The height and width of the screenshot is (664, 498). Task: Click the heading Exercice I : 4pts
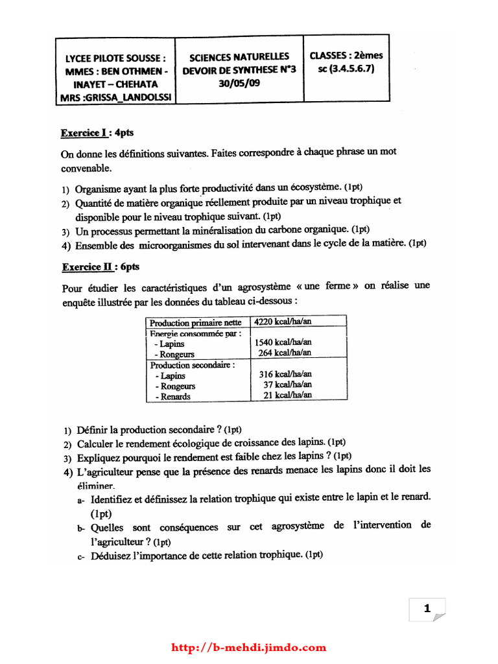click(97, 133)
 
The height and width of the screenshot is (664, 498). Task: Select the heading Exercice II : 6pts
click(101, 267)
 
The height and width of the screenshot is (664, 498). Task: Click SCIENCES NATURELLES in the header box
click(239, 57)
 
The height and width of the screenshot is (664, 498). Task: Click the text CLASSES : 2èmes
click(346, 56)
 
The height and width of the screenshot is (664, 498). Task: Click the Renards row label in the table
click(174, 397)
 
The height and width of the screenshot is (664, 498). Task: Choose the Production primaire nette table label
click(195, 323)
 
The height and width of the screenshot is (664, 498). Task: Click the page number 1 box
click(427, 609)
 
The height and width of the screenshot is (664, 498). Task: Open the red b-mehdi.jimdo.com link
click(249, 647)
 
